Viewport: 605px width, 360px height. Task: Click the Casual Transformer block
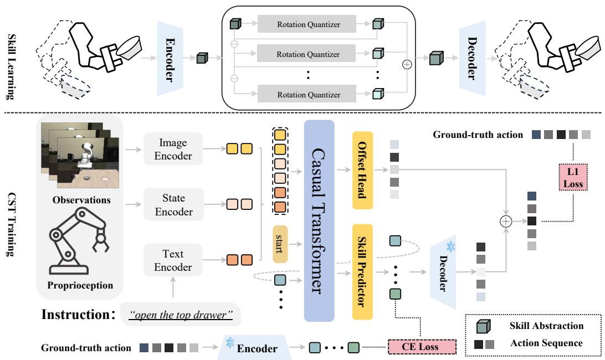point(319,220)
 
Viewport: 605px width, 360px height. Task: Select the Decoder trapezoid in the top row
point(471,57)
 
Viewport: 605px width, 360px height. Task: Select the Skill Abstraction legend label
point(546,326)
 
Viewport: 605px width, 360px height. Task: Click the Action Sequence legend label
point(546,343)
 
